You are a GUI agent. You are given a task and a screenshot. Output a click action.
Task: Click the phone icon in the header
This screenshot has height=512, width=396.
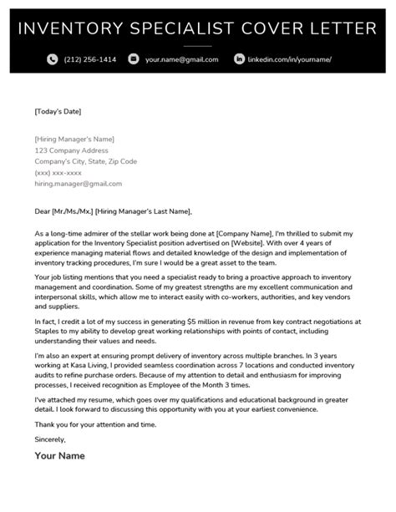(52, 59)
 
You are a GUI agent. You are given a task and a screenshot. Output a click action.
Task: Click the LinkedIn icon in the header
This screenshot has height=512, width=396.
(239, 59)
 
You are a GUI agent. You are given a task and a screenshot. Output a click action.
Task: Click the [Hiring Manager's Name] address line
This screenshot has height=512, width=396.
(74, 139)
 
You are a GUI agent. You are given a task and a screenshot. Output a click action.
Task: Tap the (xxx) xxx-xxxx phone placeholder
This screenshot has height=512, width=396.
(58, 173)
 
